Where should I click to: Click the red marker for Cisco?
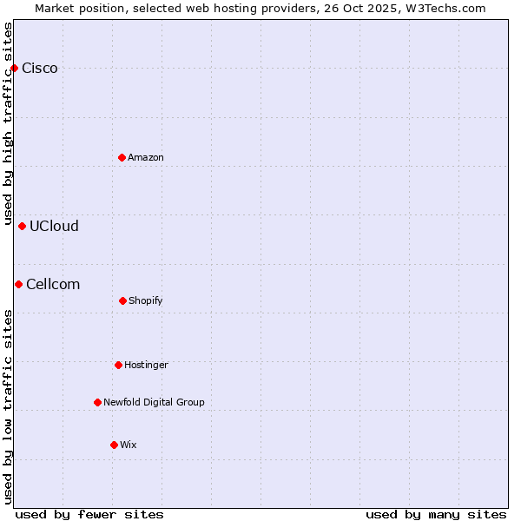coord(14,68)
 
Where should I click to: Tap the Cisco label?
coord(40,69)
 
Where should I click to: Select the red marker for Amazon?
coord(122,157)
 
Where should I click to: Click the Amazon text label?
coord(146,157)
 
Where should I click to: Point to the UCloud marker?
coord(23,226)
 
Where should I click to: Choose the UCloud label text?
coord(54,227)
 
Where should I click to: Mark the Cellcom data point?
coord(18,284)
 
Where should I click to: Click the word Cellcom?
coord(53,284)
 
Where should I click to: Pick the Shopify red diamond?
coord(122,300)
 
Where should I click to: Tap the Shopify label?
coord(146,301)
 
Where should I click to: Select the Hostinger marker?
coord(118,365)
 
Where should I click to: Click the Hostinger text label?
coord(146,366)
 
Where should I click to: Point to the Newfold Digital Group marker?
coord(97,402)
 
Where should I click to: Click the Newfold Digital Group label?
coord(154,402)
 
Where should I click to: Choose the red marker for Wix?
coord(114,445)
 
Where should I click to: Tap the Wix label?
coord(129,445)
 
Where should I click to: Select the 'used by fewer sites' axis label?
coord(89,514)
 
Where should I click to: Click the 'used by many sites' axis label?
coord(436,514)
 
